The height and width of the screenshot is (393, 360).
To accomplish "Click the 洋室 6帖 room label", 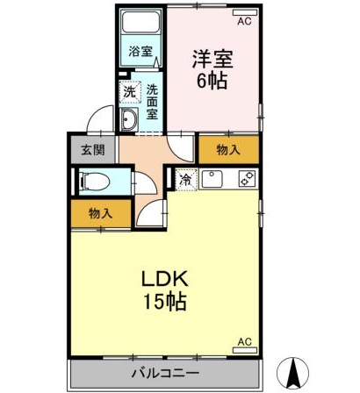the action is point(212,69).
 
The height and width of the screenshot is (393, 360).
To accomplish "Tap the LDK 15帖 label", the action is point(164,289).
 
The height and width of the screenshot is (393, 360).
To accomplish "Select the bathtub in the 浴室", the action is point(141,22).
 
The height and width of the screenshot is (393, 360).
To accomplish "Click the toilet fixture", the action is point(96,182).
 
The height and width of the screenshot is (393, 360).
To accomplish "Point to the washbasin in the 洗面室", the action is point(129,119).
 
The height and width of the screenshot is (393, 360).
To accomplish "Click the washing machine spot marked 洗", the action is point(129,92).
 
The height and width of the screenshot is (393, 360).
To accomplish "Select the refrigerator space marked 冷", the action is point(186,180).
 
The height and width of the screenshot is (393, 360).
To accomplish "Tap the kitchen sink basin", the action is point(212,179).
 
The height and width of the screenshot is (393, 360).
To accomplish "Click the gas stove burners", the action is point(248,179).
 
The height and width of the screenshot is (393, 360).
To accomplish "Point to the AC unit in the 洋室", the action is point(245,12).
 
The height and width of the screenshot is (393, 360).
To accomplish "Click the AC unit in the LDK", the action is point(245,350).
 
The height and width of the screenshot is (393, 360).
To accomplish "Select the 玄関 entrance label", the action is point(93,150).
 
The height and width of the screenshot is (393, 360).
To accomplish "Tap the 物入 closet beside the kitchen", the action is point(228,150).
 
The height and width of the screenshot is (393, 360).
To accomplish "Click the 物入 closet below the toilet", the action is point(100,213).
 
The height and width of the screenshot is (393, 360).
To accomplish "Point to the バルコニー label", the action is point(165,373).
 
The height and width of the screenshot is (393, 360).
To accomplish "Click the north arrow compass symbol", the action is point(293,371).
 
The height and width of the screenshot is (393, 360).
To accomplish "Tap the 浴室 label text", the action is point(140,52).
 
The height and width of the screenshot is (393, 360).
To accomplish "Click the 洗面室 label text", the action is point(152,101).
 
